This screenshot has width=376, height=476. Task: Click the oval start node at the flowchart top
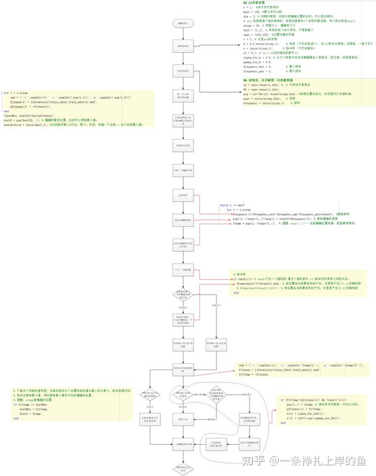tap(182, 23)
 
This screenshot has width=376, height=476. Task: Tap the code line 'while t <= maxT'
tap(232, 205)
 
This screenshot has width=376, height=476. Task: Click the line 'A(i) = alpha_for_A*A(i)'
tap(307, 413)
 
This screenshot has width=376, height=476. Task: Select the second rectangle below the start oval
tap(182, 71)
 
